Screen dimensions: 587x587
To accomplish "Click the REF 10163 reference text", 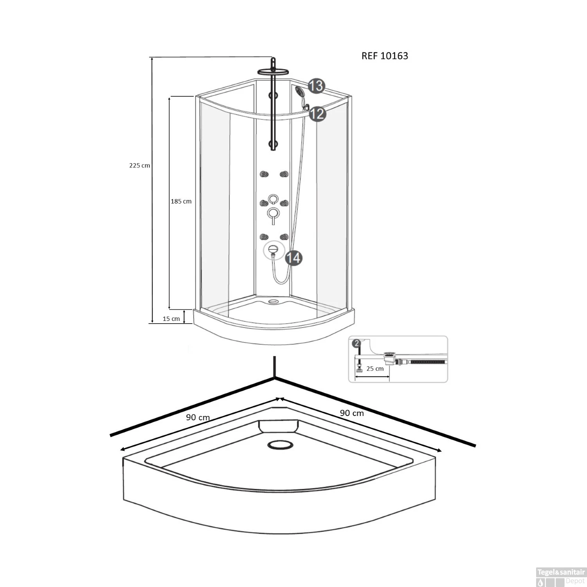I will (384, 56).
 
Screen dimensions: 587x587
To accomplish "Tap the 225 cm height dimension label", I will (139, 166).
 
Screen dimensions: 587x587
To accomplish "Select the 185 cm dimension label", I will (181, 202).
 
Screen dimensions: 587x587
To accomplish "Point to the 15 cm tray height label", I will (171, 319).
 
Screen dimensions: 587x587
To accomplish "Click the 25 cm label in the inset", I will (375, 369).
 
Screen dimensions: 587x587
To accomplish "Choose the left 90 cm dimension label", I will (198, 418).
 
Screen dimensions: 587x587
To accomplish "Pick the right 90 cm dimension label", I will (351, 413).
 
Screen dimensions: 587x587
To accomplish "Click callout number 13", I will (316, 86).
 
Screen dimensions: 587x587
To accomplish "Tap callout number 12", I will (317, 114).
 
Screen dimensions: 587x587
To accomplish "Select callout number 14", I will (293, 258).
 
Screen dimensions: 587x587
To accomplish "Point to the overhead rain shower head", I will (273, 71).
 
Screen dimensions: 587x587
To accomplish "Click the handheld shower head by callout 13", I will (300, 92).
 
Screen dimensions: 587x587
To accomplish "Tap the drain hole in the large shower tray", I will (279, 445).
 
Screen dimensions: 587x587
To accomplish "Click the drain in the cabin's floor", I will (273, 301).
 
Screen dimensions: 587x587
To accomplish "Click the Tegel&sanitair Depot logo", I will (560, 577).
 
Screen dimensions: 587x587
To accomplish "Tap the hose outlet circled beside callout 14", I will (274, 249).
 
